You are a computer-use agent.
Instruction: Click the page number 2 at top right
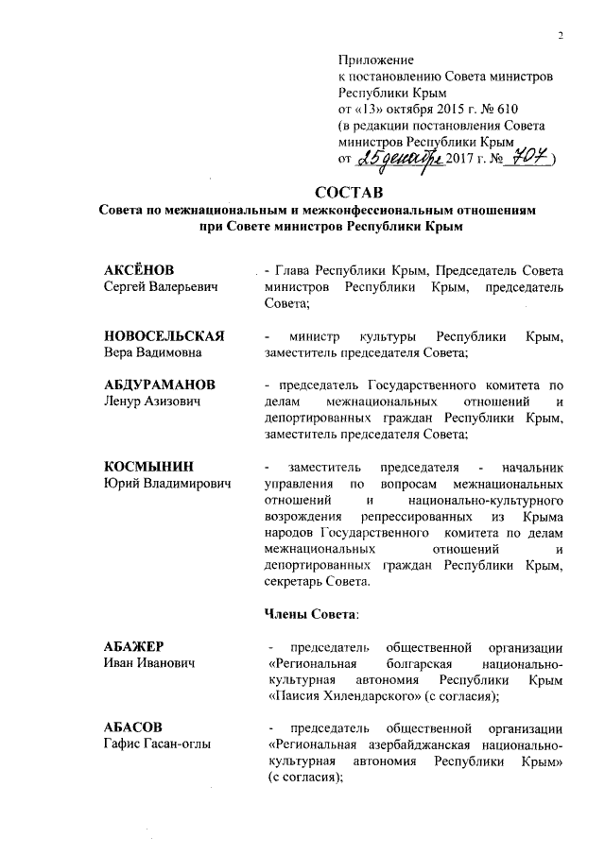[560, 37]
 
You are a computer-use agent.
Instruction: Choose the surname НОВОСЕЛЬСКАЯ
[163, 336]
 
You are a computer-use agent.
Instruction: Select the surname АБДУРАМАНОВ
[159, 385]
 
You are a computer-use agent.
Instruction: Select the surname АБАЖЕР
[134, 647]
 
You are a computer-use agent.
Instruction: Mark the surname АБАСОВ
[133, 728]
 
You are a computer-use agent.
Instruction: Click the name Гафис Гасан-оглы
[157, 744]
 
